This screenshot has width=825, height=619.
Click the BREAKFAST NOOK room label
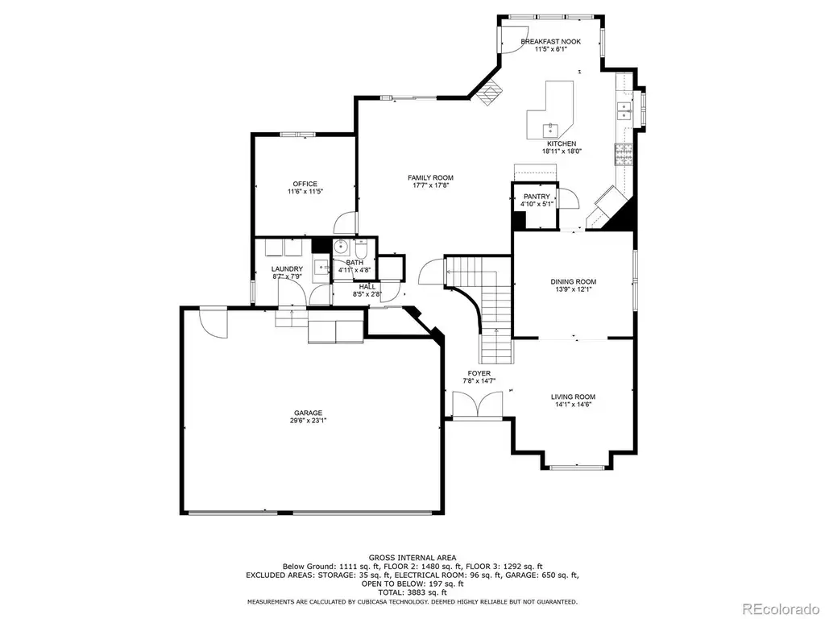[550, 42]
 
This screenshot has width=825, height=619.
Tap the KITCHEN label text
[562, 143]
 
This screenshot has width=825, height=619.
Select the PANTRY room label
[537, 197]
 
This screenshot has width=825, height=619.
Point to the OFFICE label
[305, 185]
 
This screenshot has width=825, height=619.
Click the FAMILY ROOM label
[430, 178]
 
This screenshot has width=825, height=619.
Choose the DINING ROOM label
[574, 282]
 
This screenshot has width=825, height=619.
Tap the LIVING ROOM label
[573, 397]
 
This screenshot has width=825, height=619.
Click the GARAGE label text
[308, 413]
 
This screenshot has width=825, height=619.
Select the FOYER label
[479, 374]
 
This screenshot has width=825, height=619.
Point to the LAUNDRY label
[287, 269]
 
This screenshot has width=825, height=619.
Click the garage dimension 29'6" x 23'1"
[308, 421]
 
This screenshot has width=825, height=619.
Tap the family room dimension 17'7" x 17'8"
[430, 185]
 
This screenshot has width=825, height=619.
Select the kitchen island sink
[551, 129]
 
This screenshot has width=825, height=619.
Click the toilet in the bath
[361, 247]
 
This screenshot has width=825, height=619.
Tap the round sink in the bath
[340, 245]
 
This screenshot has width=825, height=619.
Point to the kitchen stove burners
[623, 154]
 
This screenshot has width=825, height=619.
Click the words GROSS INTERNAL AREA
[412, 558]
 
